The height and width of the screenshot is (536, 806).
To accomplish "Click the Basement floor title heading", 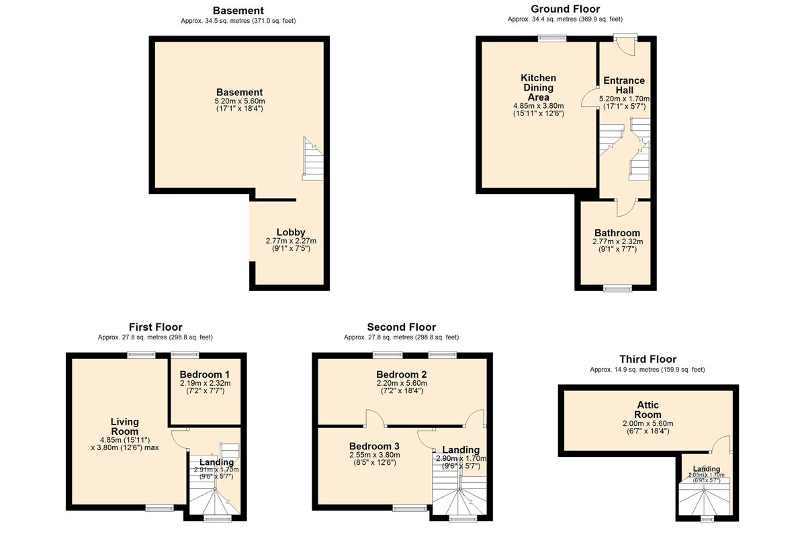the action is coord(238,11).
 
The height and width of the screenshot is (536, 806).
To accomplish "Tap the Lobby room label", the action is coord(291,232).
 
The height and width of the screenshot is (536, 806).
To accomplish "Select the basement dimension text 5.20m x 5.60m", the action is coord(240,101).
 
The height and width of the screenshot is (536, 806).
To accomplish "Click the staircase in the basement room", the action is coord(313,158).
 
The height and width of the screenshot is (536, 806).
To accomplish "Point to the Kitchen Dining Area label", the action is coord(538,88).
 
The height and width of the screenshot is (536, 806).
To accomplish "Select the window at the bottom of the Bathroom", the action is coord(617,288).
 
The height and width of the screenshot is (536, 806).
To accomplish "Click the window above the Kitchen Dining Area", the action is coord(552,38).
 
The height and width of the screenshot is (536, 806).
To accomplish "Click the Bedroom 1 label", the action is coord(205,374).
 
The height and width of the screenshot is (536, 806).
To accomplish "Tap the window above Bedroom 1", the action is coord(185,355).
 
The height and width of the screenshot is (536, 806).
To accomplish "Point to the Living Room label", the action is coord(124,427).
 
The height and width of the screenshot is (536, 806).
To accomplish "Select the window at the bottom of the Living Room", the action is coord(160,508).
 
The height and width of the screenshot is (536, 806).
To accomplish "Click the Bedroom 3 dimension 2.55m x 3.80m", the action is coord(375,455).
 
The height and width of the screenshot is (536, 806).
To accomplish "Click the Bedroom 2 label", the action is coord(402,374).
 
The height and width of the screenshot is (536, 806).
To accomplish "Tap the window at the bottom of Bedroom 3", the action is coord(410,508).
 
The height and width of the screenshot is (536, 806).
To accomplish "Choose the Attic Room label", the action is coord(647,410).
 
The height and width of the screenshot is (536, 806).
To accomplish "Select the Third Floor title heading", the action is coord(647,359).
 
